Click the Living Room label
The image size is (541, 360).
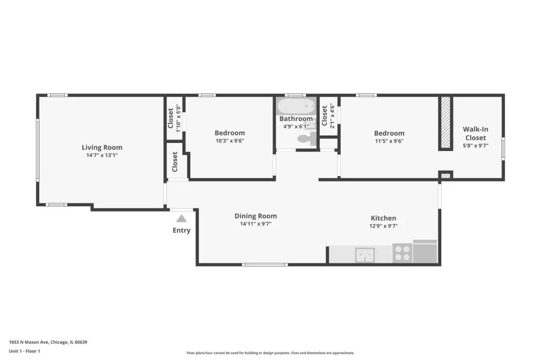tap(102, 147)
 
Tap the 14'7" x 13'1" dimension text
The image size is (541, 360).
tap(102, 155)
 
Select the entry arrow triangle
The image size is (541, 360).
tap(182, 219)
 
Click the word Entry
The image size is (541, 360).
tap(182, 230)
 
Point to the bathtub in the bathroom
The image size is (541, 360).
tap(296, 106)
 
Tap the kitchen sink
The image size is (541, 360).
tap(365, 255)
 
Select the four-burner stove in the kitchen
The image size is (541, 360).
tap(402, 253)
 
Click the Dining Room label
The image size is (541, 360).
tap(256, 216)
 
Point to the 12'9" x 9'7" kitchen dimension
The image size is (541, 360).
tap(384, 226)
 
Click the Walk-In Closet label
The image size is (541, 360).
tap(475, 134)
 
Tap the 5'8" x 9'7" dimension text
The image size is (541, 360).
tap(475, 146)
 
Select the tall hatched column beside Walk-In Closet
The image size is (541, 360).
tap(445, 123)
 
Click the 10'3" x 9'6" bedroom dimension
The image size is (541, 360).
tap(230, 141)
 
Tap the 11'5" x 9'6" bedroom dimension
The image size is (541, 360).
tap(389, 141)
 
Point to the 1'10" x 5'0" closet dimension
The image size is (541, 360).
tap(179, 118)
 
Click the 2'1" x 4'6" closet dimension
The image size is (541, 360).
tap(332, 116)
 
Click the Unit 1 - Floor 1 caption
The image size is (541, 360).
tap(24, 351)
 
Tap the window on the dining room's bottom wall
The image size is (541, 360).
tap(265, 265)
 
